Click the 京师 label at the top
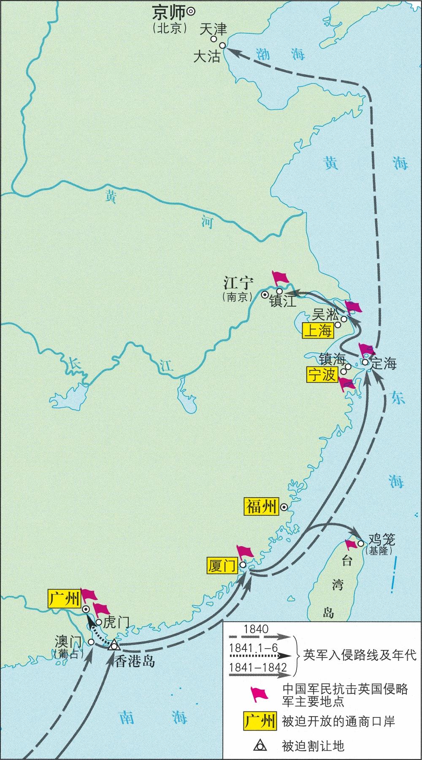(169, 12)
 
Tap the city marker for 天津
(214, 39)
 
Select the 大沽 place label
(207, 57)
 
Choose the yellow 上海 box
(318, 331)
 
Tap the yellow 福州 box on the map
(261, 506)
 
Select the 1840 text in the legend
(256, 629)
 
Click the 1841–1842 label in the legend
(257, 667)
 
